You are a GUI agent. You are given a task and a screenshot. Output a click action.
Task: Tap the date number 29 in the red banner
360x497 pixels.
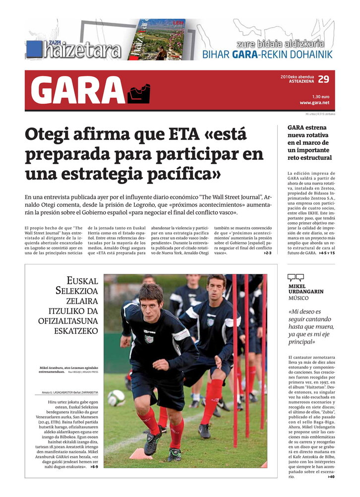(323, 79)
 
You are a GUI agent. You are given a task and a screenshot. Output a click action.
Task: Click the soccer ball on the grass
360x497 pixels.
(116, 397)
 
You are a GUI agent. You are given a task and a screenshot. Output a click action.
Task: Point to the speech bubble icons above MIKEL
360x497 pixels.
(296, 278)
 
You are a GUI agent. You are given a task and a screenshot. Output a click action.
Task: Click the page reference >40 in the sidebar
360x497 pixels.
(331, 477)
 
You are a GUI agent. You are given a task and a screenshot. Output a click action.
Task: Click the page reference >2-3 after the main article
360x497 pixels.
(267, 253)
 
